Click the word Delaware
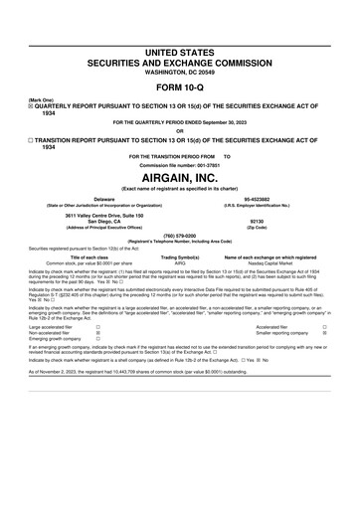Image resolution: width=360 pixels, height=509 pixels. [96, 198]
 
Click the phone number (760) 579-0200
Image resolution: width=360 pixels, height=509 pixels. [179, 235]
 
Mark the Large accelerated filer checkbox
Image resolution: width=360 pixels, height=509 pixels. [97, 325]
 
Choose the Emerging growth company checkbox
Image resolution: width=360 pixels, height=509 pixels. [97, 339]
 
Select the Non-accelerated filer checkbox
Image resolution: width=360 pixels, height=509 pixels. [97, 332]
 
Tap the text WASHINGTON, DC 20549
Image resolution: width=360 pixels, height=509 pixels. [179, 73]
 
